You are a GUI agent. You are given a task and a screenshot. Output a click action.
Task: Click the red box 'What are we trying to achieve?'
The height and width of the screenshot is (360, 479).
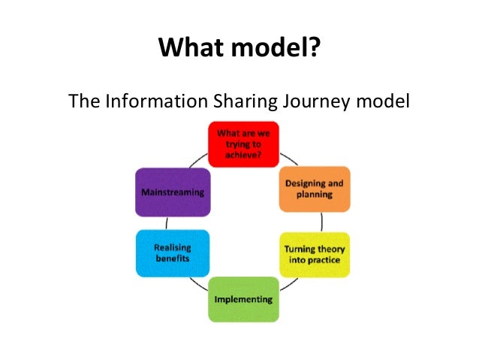(243, 143)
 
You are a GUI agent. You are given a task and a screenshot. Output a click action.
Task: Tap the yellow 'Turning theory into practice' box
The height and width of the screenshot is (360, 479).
(314, 254)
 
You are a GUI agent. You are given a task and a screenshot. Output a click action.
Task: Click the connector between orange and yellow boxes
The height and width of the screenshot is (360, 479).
(323, 222)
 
